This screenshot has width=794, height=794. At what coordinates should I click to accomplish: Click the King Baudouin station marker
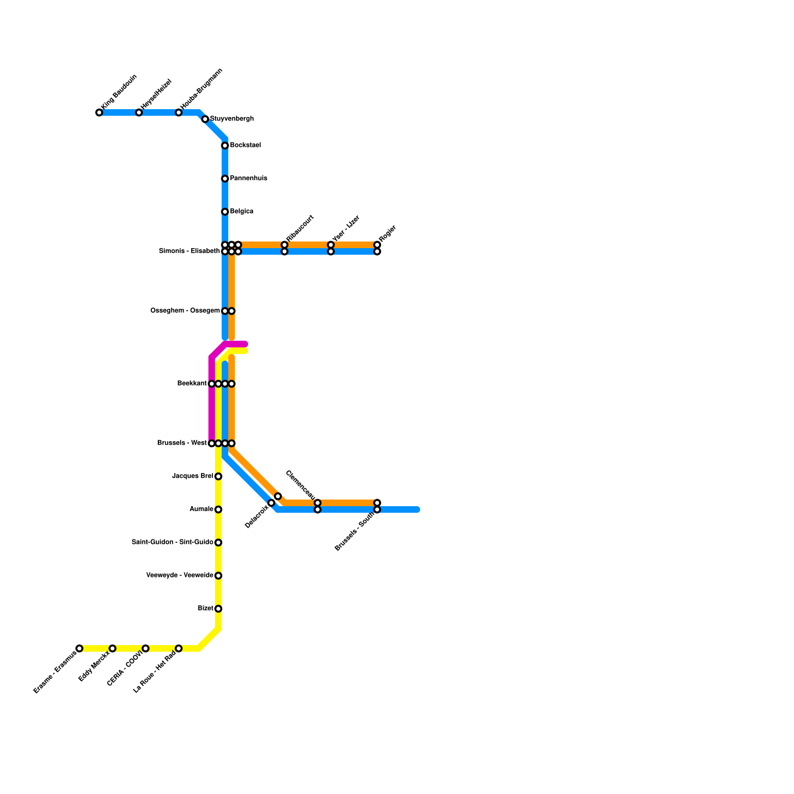[x=99, y=113]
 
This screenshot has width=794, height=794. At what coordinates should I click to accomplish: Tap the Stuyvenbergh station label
[x=232, y=119]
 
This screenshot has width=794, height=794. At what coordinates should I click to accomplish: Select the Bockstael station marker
[x=225, y=145]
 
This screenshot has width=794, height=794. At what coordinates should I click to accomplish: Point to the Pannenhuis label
[x=249, y=179]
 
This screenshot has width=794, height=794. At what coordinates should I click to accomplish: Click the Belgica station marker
[x=225, y=212]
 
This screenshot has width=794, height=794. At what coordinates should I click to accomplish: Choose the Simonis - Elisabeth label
[x=189, y=252]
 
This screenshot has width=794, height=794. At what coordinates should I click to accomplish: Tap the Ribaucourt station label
[x=300, y=229]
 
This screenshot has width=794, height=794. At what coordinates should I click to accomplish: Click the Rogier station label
[x=387, y=235]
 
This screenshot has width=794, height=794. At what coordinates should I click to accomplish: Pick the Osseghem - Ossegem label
[x=185, y=311]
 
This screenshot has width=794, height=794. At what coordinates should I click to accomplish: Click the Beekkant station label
[x=192, y=384]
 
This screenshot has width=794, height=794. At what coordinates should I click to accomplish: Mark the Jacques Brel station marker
[x=218, y=476]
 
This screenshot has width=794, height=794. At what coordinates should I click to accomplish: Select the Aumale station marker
[x=218, y=510]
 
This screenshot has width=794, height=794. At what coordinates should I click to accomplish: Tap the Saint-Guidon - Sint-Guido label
[x=172, y=542]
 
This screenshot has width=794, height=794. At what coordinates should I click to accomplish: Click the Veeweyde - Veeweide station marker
[x=218, y=576]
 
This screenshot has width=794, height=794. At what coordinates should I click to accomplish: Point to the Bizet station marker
[x=218, y=609]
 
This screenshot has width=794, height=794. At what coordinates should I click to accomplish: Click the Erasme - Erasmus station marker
[x=79, y=649]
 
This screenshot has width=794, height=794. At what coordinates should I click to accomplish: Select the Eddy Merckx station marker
[x=113, y=649]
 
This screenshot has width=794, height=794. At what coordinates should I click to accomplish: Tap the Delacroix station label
[x=257, y=517]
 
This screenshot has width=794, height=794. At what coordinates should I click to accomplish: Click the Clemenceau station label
[x=301, y=485]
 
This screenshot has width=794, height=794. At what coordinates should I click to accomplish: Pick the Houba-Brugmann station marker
[x=179, y=113]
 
